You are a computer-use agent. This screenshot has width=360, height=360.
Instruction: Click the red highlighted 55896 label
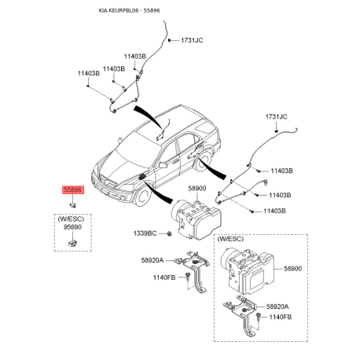(x=73, y=189)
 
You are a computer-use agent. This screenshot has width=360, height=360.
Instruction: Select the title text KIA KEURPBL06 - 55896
(x=129, y=10)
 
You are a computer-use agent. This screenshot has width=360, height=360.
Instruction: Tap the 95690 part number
(x=72, y=227)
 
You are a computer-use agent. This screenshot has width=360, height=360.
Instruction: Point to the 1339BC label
(x=145, y=233)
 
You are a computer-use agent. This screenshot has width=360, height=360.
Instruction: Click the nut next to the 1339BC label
(x=169, y=233)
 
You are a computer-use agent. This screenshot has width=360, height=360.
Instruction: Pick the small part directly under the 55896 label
(x=72, y=205)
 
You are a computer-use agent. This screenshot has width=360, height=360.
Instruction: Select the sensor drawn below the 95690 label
(x=72, y=243)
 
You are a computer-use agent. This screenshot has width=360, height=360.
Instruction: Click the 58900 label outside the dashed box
(x=197, y=189)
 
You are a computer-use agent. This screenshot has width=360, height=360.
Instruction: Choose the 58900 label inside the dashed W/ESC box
(x=293, y=269)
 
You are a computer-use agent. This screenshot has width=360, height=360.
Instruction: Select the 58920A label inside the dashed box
(x=277, y=307)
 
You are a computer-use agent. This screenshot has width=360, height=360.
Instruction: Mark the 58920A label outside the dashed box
(x=152, y=260)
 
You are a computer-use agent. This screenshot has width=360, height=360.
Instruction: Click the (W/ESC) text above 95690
(x=71, y=219)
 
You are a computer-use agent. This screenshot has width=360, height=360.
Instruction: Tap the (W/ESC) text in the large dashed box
(x=230, y=239)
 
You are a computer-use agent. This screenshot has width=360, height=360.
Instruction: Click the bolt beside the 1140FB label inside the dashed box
(x=259, y=317)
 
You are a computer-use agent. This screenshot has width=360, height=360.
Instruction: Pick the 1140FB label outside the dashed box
(x=164, y=277)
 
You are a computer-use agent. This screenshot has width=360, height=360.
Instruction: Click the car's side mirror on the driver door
(x=163, y=165)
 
